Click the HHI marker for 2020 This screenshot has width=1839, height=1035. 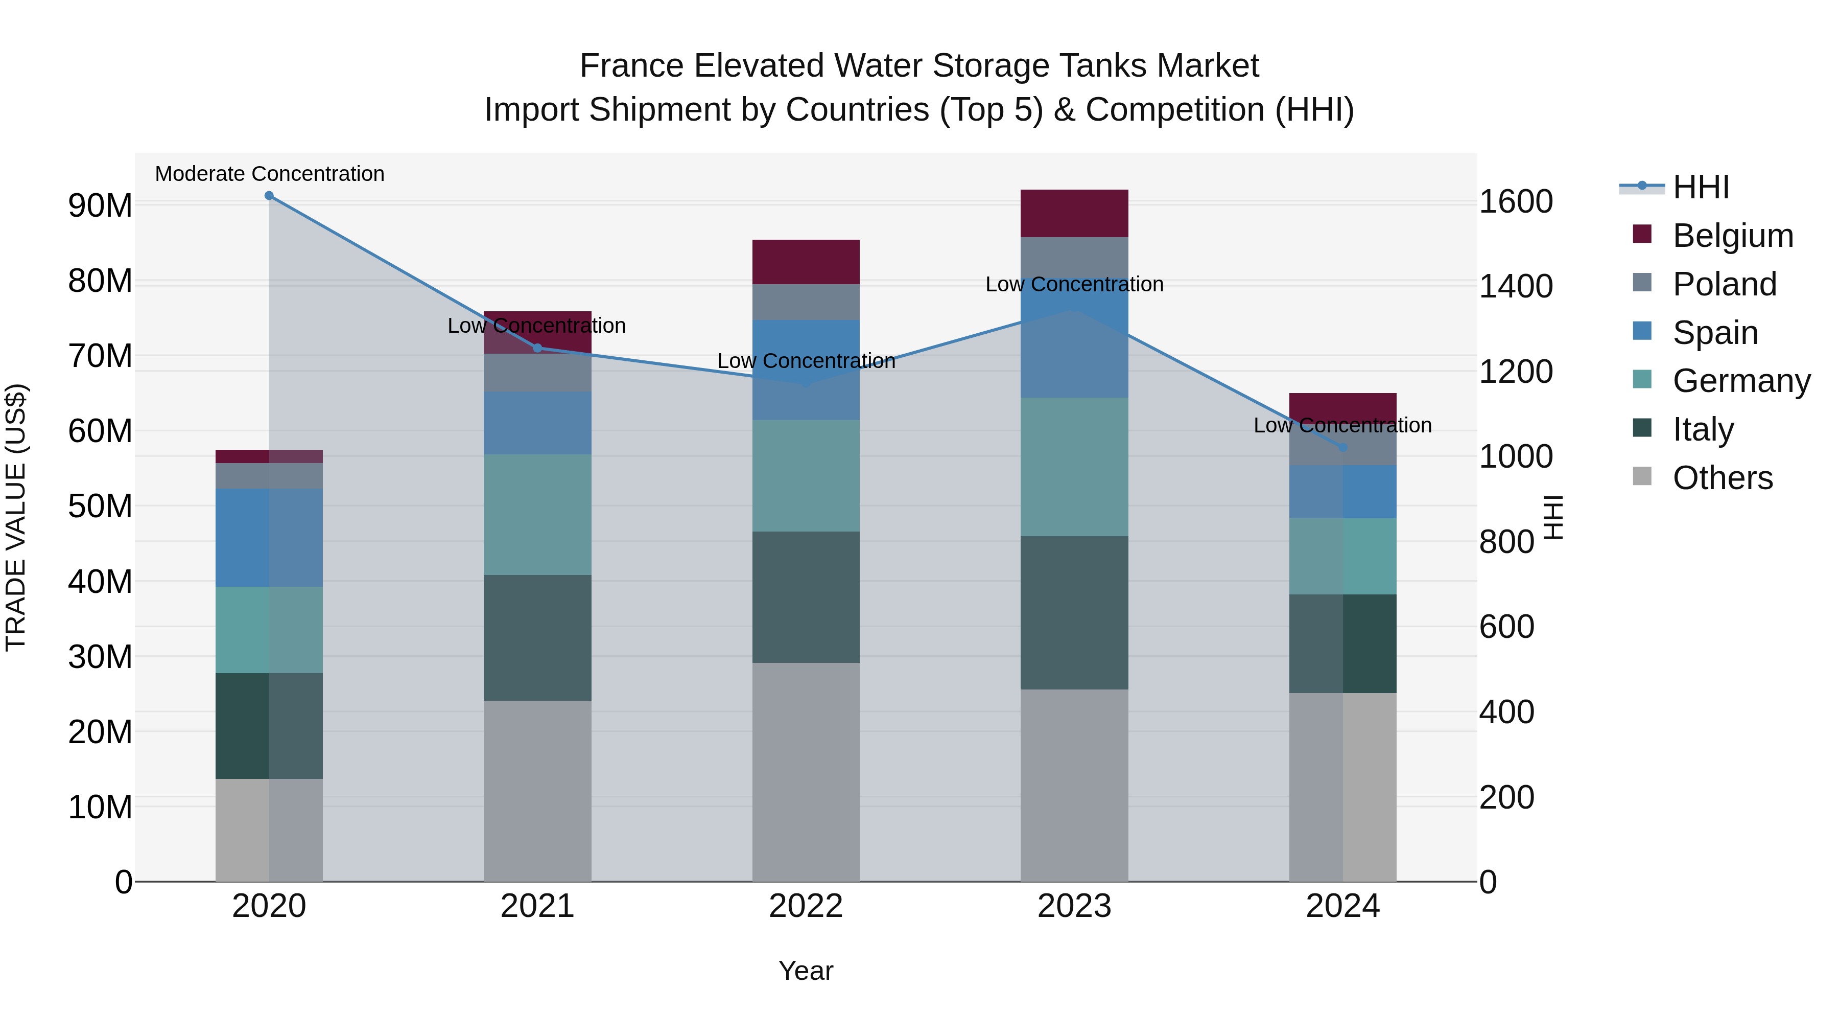click(x=269, y=196)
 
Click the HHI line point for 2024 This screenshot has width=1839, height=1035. click(x=1343, y=447)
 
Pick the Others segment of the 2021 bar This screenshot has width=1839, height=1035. click(x=537, y=790)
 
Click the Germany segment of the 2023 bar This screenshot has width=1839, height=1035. click(x=1074, y=467)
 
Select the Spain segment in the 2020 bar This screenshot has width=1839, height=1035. click(x=269, y=537)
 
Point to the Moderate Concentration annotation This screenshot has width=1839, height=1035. click(x=269, y=174)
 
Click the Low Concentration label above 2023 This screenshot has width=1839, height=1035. click(x=1074, y=284)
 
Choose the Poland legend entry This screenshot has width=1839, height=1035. click(x=1724, y=284)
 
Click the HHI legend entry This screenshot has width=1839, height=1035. click(x=1701, y=187)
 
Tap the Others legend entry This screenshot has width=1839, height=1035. click(x=1722, y=478)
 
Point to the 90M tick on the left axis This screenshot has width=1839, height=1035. click(x=100, y=205)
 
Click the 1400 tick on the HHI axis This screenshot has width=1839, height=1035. click(x=1515, y=286)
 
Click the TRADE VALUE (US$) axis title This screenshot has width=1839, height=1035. click(x=16, y=517)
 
